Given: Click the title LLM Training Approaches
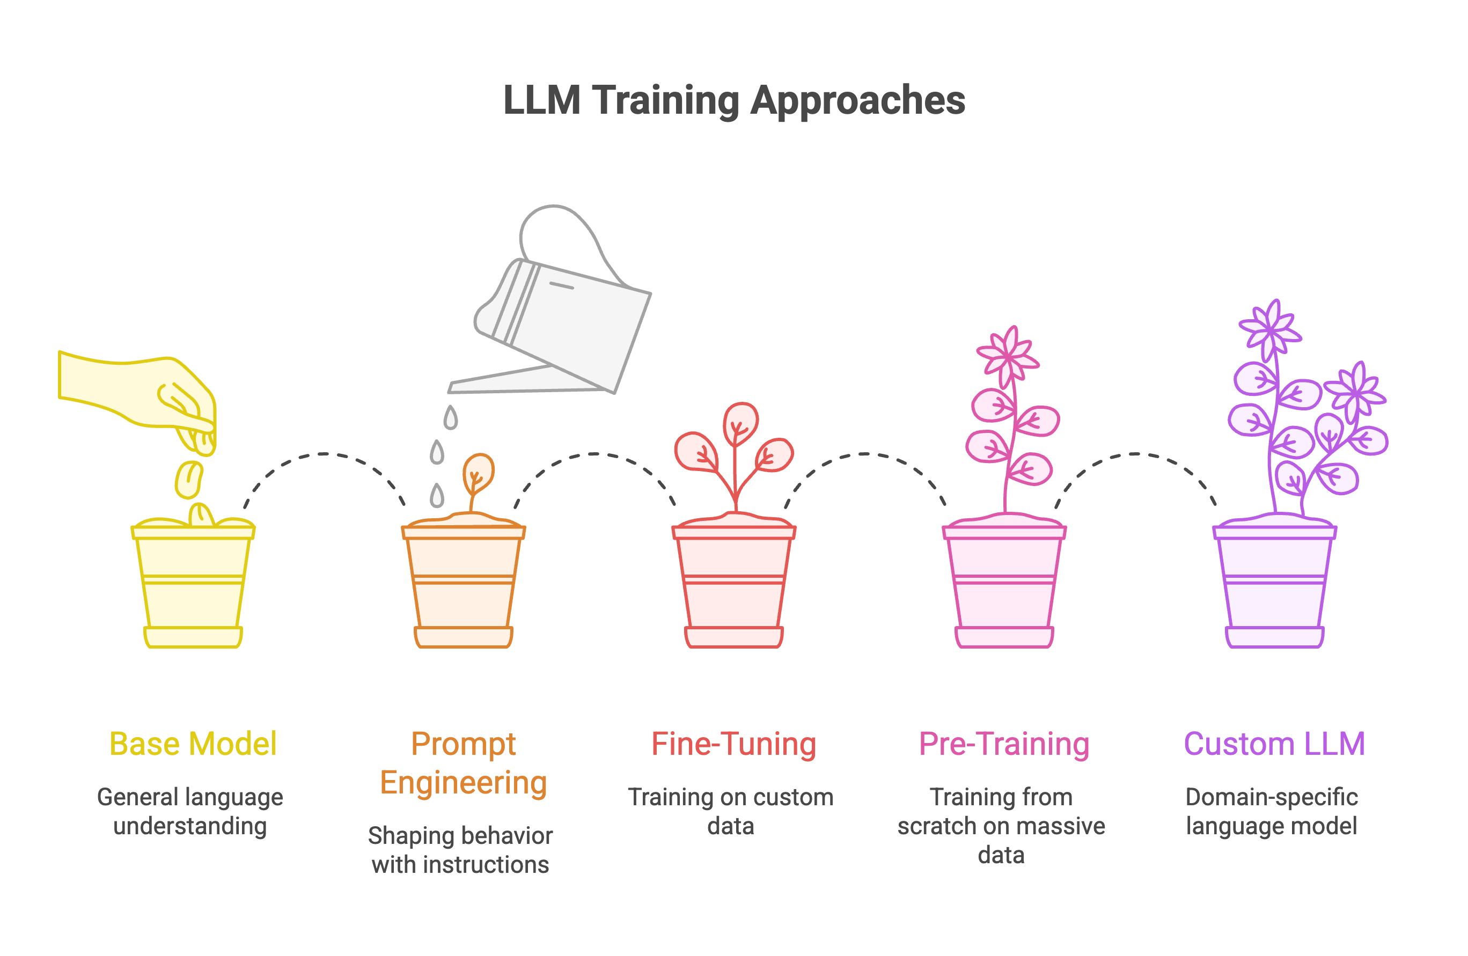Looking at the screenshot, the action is pyautogui.click(x=734, y=100).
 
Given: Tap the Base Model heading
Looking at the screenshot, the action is pyautogui.click(x=193, y=744).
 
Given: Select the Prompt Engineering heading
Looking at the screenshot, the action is pyautogui.click(x=463, y=763).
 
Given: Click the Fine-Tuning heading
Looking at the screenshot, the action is pyautogui.click(x=733, y=744).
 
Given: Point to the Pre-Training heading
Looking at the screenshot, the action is pyautogui.click(x=1004, y=744).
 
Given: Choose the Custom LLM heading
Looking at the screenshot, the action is pyautogui.click(x=1274, y=744).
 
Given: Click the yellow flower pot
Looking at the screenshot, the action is pyautogui.click(x=193, y=586).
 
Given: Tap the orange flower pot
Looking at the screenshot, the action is pyautogui.click(x=463, y=586).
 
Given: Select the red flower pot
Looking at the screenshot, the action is pyautogui.click(x=734, y=586).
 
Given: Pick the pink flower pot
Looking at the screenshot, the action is pyautogui.click(x=1004, y=586).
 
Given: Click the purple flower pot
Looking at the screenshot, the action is pyautogui.click(x=1274, y=586).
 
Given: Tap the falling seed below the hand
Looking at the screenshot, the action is pyautogui.click(x=189, y=479).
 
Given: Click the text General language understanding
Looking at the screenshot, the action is pyautogui.click(x=190, y=812).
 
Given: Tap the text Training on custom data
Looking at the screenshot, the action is pyautogui.click(x=731, y=812).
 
